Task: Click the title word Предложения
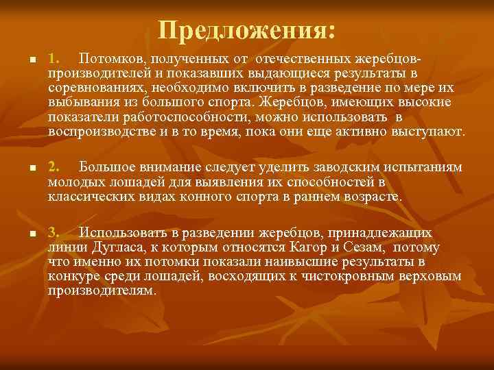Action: [x=246, y=29]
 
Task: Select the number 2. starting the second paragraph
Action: [x=56, y=167]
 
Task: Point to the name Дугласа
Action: [x=116, y=247]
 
